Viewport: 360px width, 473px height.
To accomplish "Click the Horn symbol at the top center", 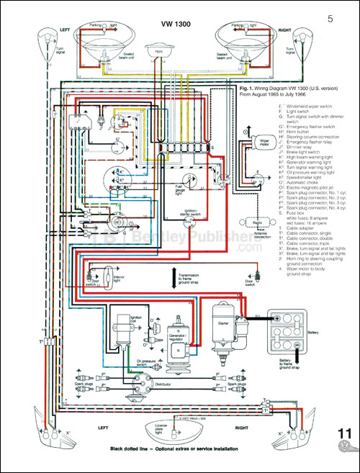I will click(156, 53).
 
